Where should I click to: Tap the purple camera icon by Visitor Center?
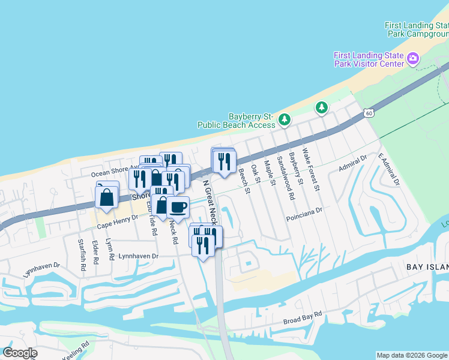tap(412, 59)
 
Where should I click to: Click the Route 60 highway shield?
tap(369, 113)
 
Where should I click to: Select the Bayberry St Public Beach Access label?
tap(236, 121)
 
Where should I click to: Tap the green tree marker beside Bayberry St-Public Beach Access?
tap(285, 120)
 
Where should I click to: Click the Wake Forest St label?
tap(312, 170)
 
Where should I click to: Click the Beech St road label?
tap(243, 181)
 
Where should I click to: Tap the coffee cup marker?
tap(178, 208)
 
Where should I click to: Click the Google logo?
tap(20, 353)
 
